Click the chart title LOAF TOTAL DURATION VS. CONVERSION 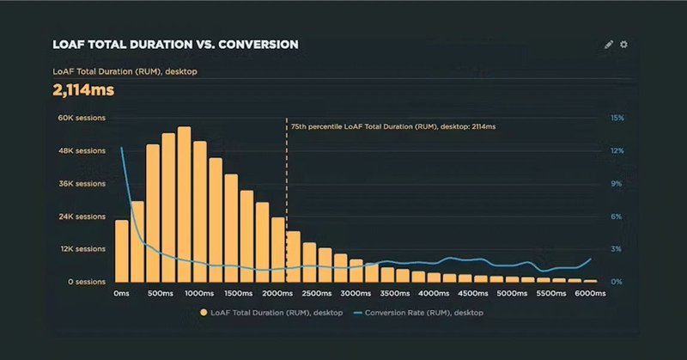click(176, 45)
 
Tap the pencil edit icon click(609, 45)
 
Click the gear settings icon click(624, 45)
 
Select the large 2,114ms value click(83, 90)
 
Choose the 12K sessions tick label click(81, 249)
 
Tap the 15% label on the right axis click(617, 118)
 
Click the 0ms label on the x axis click(121, 294)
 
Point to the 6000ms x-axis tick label click(590, 294)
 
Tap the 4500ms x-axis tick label click(473, 294)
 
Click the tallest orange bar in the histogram click(184, 206)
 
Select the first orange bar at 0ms click(121, 251)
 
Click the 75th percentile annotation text click(393, 126)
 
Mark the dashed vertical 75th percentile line click(286, 198)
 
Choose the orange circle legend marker click(204, 313)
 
